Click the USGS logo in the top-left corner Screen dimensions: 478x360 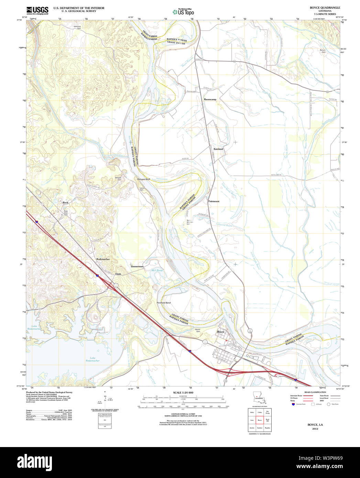(x=37, y=10)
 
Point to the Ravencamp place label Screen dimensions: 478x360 (x=210, y=99)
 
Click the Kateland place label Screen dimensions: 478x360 (x=218, y=149)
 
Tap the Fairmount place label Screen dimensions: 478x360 (x=214, y=201)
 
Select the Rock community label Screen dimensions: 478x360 (x=65, y=203)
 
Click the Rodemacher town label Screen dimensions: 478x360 (x=103, y=259)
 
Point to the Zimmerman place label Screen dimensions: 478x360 (x=137, y=267)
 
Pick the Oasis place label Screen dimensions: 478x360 (x=118, y=274)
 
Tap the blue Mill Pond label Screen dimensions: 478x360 (x=157, y=271)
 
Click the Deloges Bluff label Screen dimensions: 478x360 (x=144, y=179)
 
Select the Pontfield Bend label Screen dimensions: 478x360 (x=164, y=303)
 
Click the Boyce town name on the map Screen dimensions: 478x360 (x=220, y=332)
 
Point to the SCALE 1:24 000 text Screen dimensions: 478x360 (x=183, y=392)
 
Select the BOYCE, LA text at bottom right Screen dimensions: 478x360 (x=315, y=425)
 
